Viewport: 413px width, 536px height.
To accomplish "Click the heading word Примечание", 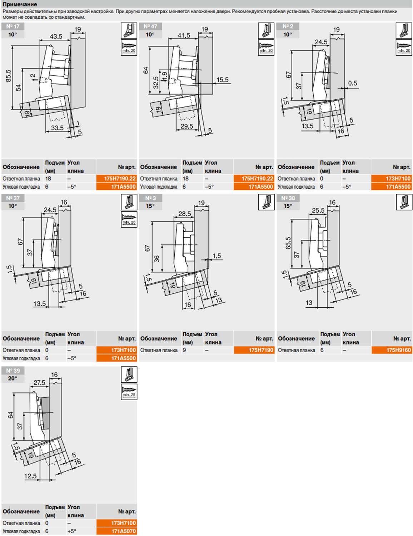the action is (20, 4).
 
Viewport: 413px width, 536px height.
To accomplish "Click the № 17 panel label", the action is (13, 26).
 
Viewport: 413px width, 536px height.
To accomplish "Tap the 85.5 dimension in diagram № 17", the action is (8, 76).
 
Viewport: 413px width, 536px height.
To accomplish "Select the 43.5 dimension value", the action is (56, 36).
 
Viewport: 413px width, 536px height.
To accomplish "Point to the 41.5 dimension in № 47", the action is (184, 35).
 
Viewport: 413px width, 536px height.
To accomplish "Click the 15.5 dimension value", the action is (223, 80).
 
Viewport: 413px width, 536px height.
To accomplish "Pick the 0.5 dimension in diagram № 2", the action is (352, 83).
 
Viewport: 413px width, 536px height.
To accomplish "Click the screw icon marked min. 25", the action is (129, 392).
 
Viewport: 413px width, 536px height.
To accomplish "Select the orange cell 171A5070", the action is (116, 531).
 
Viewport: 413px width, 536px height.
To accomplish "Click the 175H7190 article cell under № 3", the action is (254, 350).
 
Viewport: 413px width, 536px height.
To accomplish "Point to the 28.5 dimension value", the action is (184, 214).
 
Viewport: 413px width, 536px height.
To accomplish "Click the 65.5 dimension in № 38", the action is (288, 243).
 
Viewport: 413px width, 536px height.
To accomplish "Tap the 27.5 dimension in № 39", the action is (39, 383).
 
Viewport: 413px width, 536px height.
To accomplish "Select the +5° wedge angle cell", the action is (72, 531).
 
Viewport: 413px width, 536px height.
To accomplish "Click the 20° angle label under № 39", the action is (13, 378).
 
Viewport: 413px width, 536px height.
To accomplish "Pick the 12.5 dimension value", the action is (30, 476).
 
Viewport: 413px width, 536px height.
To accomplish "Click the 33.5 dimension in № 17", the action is (57, 128).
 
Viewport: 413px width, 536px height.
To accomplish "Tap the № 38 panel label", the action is (288, 198).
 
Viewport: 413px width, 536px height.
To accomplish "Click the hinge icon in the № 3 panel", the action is (266, 202).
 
